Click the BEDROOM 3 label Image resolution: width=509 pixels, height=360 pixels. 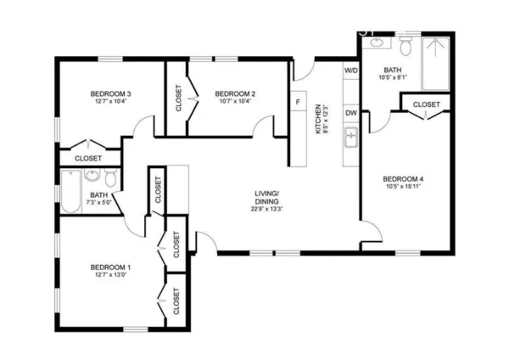coord(110,93)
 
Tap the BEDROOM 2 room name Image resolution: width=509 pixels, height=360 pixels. coord(235,93)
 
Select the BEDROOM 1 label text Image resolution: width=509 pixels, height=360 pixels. coord(110,267)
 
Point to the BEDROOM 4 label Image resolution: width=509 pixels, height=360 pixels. coord(402,178)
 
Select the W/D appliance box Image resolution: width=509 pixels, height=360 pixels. coord(350,70)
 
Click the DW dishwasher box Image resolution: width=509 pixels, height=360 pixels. coord(350,112)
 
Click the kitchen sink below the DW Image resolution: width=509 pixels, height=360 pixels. coord(350,137)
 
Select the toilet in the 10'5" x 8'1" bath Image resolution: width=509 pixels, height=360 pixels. coord(406,42)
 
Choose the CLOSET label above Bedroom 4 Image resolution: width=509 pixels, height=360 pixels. coord(427,104)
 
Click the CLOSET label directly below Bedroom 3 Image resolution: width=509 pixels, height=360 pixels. coord(87,158)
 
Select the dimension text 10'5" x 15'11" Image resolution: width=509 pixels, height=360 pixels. coord(402,187)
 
